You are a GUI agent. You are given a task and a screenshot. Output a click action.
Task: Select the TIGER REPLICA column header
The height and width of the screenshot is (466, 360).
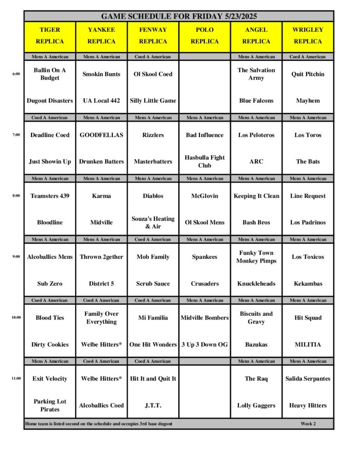(50, 35)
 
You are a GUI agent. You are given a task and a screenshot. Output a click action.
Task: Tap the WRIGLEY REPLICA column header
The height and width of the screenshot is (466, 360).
(308, 35)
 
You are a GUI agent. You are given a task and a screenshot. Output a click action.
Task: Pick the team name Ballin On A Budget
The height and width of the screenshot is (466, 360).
(50, 74)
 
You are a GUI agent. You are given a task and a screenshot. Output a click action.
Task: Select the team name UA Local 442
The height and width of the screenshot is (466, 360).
(101, 101)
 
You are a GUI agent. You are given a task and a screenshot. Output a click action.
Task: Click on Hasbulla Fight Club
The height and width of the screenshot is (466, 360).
(205, 162)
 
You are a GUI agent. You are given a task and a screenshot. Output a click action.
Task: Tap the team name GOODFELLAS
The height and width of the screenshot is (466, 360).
(101, 135)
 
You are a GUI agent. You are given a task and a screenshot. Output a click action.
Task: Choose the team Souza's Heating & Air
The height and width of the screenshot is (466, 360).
(153, 223)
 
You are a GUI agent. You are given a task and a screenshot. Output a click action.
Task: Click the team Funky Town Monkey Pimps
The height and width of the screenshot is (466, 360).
(256, 257)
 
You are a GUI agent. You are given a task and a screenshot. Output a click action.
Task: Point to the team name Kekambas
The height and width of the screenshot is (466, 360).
(308, 284)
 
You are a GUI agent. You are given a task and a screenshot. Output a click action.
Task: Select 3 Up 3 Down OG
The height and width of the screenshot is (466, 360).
(205, 344)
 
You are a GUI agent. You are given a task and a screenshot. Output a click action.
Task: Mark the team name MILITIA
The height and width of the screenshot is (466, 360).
(308, 344)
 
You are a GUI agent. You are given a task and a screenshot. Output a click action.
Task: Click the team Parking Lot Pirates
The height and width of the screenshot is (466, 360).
(50, 405)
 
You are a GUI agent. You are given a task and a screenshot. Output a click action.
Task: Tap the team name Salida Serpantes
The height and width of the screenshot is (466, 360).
(308, 379)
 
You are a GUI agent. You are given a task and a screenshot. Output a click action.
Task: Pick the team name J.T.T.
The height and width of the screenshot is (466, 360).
(153, 405)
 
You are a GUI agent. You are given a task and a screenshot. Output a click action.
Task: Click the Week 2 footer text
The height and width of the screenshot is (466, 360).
(308, 424)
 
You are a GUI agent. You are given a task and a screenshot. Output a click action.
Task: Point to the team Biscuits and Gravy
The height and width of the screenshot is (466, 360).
(256, 318)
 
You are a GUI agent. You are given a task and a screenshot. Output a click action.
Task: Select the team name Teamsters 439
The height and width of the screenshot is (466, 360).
(50, 196)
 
